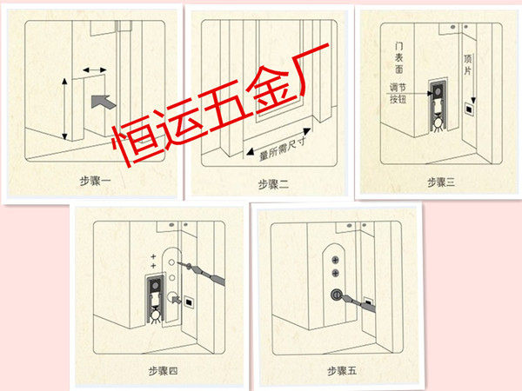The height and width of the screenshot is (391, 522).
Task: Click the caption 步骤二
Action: (x=276, y=182)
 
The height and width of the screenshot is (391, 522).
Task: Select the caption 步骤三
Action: (x=443, y=181)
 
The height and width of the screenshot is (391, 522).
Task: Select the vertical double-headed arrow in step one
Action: (x=64, y=109)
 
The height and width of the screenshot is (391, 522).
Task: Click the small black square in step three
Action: (x=470, y=110)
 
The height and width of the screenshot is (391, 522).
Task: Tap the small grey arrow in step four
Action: (x=183, y=301)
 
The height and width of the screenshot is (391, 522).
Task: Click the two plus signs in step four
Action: (x=154, y=262)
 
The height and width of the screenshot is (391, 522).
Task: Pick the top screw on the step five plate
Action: (x=337, y=257)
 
